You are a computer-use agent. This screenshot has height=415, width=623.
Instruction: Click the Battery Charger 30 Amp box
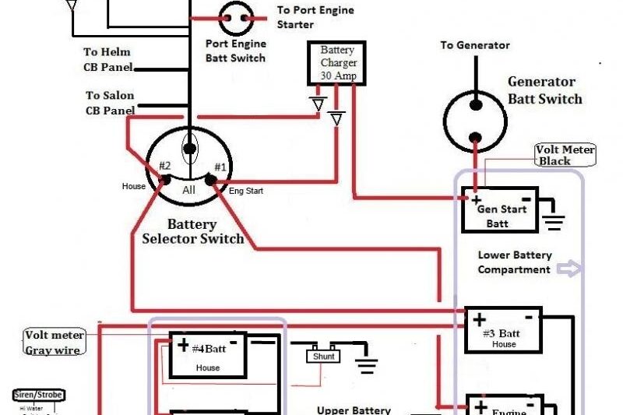coord(337,63)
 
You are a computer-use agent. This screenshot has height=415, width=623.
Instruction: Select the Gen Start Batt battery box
coord(499,210)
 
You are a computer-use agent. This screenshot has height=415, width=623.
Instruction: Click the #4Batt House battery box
coord(207,356)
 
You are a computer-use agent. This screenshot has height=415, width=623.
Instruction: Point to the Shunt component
coord(324,356)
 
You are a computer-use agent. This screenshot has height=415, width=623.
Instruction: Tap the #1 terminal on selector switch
coord(211,180)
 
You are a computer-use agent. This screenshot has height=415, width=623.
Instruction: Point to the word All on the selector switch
coord(188,188)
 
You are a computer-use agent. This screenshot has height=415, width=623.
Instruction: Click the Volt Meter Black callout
coord(565,155)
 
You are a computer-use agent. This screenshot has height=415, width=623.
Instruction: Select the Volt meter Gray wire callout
coord(54,342)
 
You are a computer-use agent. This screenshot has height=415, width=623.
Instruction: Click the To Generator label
coord(475,45)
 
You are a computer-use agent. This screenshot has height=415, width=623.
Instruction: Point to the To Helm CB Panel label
coord(108,59)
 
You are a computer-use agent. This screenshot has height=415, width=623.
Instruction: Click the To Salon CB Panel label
coord(110,103)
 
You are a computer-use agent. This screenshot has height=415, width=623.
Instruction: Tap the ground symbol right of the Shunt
coord(366,361)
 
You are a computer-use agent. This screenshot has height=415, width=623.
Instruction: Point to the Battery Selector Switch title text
coord(193,232)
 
